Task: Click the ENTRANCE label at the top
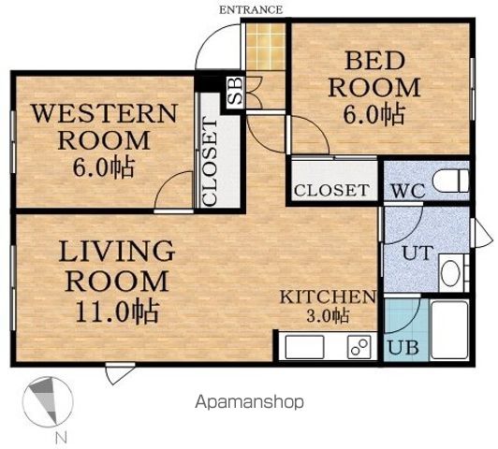251,10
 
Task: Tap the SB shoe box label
236,91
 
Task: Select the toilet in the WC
451,181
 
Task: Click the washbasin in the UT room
451,273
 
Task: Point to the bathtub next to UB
449,329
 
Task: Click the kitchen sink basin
305,347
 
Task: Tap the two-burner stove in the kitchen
359,347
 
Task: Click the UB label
403,347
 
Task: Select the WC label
408,191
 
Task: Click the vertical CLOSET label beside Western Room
210,161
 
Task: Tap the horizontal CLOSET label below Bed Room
331,190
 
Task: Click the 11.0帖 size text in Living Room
117,311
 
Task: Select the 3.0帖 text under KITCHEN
328,315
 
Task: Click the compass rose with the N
48,401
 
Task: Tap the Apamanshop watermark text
249,402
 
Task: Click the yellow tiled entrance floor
265,47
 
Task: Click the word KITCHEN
328,297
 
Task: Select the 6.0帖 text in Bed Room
374,114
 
